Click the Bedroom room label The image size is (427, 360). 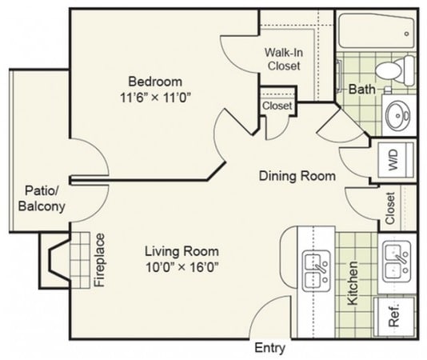[x=154, y=81]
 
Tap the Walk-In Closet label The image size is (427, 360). [x=284, y=60]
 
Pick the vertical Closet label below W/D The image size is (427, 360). [x=391, y=208]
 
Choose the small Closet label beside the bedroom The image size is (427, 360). [x=277, y=106]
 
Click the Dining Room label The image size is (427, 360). [x=296, y=175]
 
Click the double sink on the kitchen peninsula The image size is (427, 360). [x=317, y=270]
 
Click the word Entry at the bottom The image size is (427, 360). [x=269, y=349]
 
